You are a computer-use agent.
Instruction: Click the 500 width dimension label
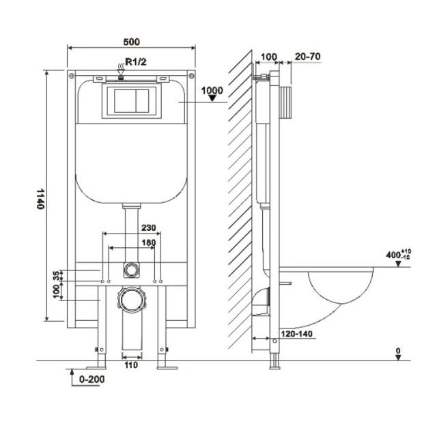click(x=132, y=42)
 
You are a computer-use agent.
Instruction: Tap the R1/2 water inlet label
click(x=136, y=61)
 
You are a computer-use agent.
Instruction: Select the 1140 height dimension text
click(x=41, y=199)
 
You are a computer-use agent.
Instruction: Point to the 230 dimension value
click(x=149, y=227)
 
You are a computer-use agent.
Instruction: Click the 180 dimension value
click(x=149, y=243)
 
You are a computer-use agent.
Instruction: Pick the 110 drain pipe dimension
click(x=131, y=365)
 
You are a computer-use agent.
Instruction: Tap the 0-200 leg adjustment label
click(x=92, y=379)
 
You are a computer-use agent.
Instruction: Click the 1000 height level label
click(x=212, y=90)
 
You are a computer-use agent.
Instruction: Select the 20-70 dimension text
click(x=308, y=57)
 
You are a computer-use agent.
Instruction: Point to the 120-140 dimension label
click(x=296, y=334)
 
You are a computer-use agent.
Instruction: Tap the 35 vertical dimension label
click(x=56, y=275)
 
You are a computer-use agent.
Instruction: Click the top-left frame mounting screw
click(x=72, y=76)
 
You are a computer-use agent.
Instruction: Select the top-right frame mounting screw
click(x=191, y=76)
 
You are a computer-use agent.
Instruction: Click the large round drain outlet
click(x=132, y=300)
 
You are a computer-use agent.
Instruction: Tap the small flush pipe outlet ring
click(x=131, y=270)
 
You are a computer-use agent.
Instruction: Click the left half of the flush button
click(x=124, y=101)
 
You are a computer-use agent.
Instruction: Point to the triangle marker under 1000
click(x=212, y=98)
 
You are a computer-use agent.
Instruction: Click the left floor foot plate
click(x=96, y=368)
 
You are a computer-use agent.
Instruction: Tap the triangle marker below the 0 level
click(x=398, y=358)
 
